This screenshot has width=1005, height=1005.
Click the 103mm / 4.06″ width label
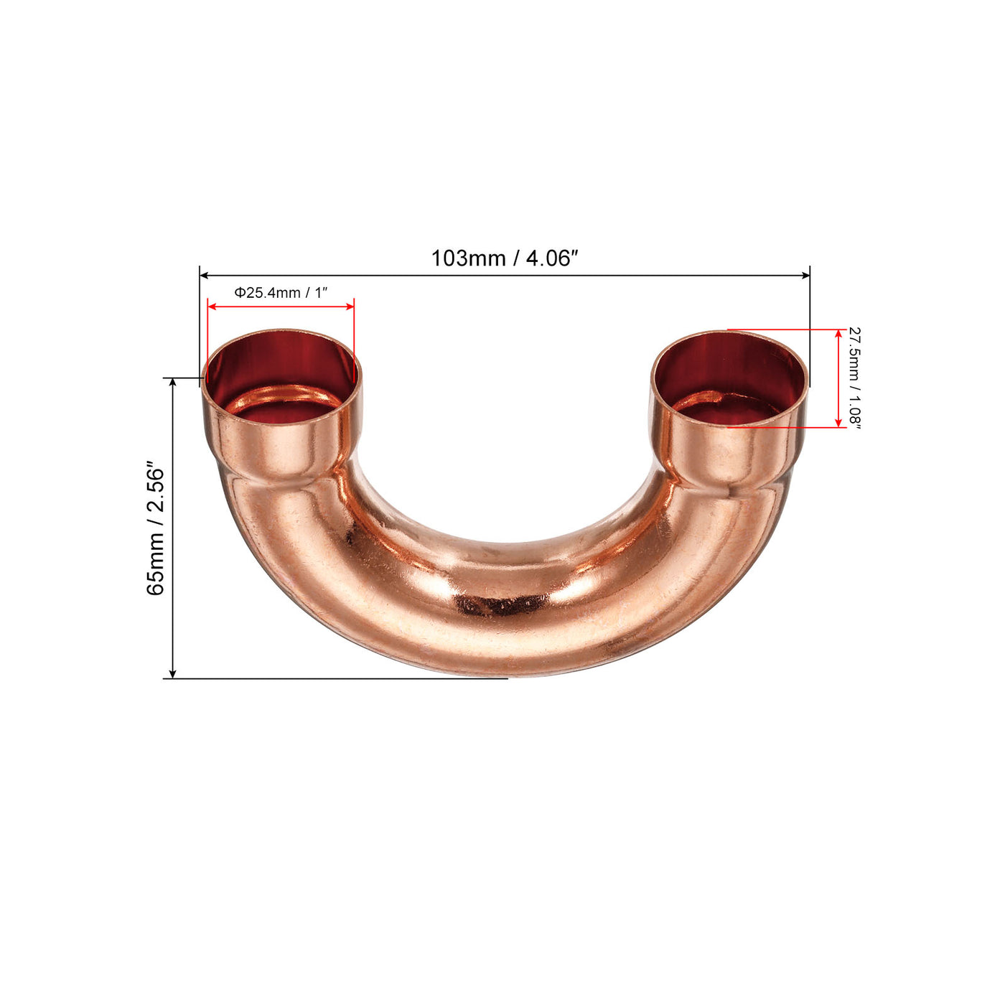tap(504, 258)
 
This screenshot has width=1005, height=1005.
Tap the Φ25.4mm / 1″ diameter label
tap(281, 292)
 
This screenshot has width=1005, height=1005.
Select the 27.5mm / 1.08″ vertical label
tap(854, 378)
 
